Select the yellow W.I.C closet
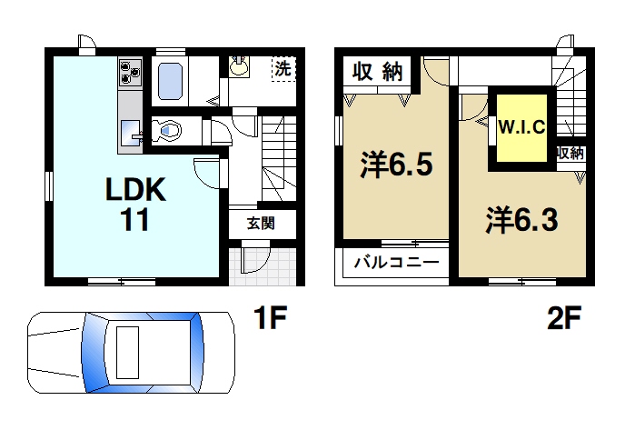(521, 127)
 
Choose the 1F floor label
(269, 319)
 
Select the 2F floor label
(565, 319)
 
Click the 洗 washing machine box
(284, 68)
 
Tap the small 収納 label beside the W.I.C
(570, 153)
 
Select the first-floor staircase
(280, 159)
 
